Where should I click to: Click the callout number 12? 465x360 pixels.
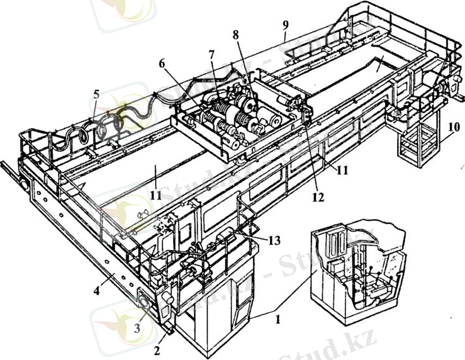coord(318,197)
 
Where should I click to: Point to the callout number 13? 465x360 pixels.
coord(274,240)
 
